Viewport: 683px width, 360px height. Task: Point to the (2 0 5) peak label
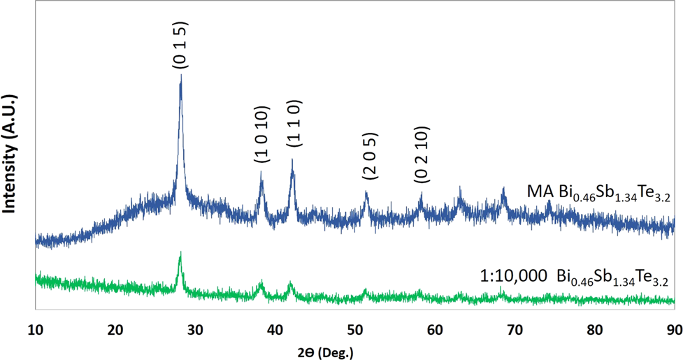click(x=370, y=158)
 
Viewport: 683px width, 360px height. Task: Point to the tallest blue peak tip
click(x=181, y=75)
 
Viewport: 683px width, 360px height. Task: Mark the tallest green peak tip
click(x=180, y=252)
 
